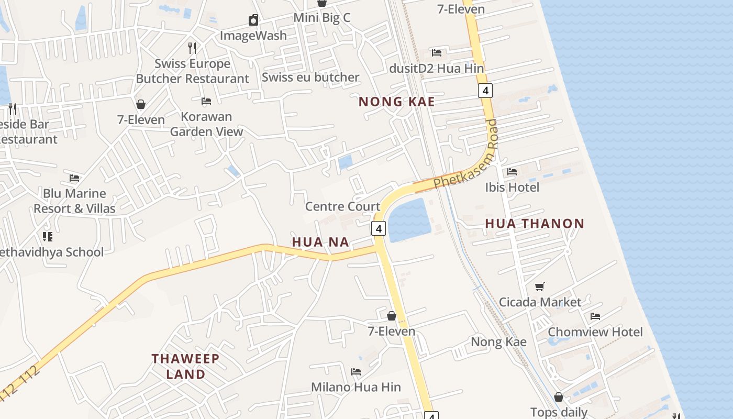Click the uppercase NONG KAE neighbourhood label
pos(397,102)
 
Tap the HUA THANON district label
pos(535,224)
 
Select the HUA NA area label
pos(320,242)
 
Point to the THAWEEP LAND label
pos(186,367)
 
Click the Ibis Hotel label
pos(512,187)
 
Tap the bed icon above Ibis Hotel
pos(512,171)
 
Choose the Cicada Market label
pos(540,302)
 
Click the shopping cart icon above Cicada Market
pos(540,286)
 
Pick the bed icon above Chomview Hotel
pos(595,316)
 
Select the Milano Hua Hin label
pos(356,387)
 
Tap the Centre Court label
pos(342,206)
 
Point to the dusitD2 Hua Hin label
pos(437,68)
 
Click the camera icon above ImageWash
pos(253,20)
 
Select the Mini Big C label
pos(321,17)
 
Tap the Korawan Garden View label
pos(206,124)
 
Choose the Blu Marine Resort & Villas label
pos(74,201)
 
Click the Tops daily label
pos(559,412)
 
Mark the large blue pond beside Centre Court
pos(409,220)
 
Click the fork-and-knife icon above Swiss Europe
pos(192,48)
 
